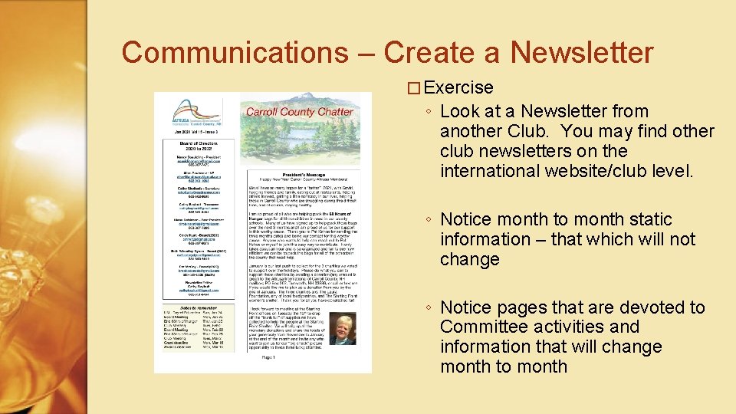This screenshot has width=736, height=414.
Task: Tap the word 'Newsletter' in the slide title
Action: tap(582, 52)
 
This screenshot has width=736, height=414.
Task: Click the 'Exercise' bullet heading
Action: tap(458, 88)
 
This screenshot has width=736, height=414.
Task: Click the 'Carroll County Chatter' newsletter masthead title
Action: tap(299, 112)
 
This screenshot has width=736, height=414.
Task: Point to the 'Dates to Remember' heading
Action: tap(188, 284)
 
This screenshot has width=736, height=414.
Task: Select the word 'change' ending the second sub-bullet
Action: tap(469, 259)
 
